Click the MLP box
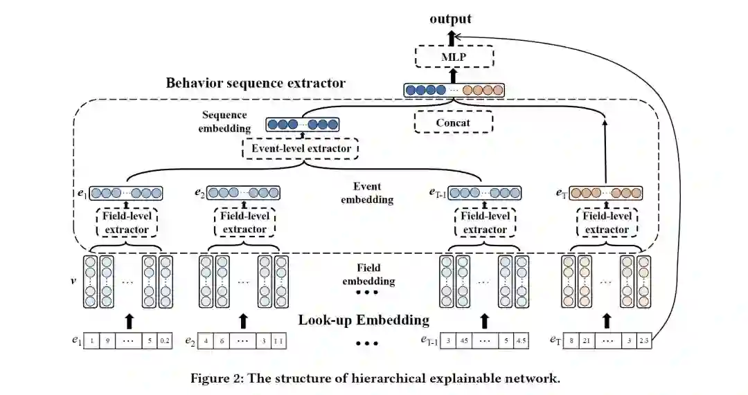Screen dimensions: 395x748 [x=454, y=57]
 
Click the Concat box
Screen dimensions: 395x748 [x=453, y=122]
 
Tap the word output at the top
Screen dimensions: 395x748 [x=450, y=19]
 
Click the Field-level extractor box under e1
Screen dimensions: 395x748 [x=126, y=222]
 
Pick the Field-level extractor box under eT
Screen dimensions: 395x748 [x=607, y=222]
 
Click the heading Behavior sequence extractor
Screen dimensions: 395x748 [x=256, y=83]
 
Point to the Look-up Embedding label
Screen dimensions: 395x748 [x=364, y=320]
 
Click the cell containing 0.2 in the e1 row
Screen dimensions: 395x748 [x=164, y=341]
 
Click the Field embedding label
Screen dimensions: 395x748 [x=369, y=275]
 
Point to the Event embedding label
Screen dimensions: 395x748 [x=373, y=193]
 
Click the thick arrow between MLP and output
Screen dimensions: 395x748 [x=453, y=35]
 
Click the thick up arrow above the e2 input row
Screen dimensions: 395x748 [x=243, y=320]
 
